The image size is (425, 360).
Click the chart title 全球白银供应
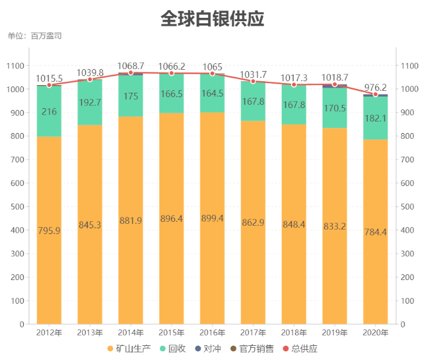tap(212, 19)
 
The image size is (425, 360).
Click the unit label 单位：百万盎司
tap(35, 36)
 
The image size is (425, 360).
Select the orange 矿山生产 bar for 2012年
tap(49, 230)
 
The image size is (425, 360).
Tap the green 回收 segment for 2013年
tap(90, 102)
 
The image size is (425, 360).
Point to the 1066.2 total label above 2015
tap(172, 66)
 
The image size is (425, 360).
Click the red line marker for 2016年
tap(212, 74)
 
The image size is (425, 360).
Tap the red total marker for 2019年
tap(335, 84)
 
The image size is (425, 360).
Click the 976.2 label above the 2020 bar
tap(375, 88)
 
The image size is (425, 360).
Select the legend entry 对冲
tap(207, 348)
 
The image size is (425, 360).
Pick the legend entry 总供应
tap(300, 348)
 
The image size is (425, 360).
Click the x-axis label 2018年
tap(294, 333)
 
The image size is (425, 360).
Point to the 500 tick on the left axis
tap(17, 207)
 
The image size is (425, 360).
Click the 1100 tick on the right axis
tap(408, 66)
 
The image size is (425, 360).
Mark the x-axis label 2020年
tap(375, 333)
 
